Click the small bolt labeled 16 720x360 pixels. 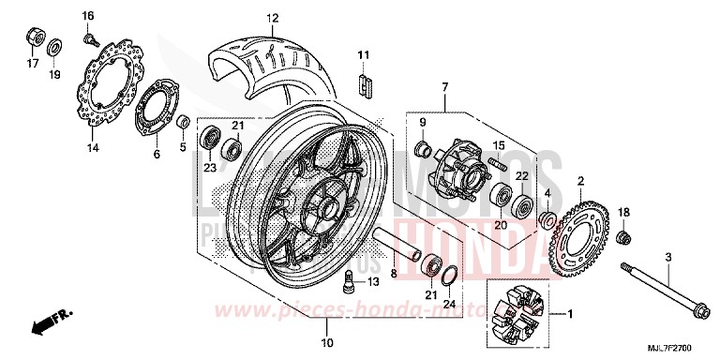[x=91, y=38]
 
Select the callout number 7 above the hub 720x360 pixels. [x=445, y=88]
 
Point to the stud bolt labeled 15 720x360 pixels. [x=499, y=166]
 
